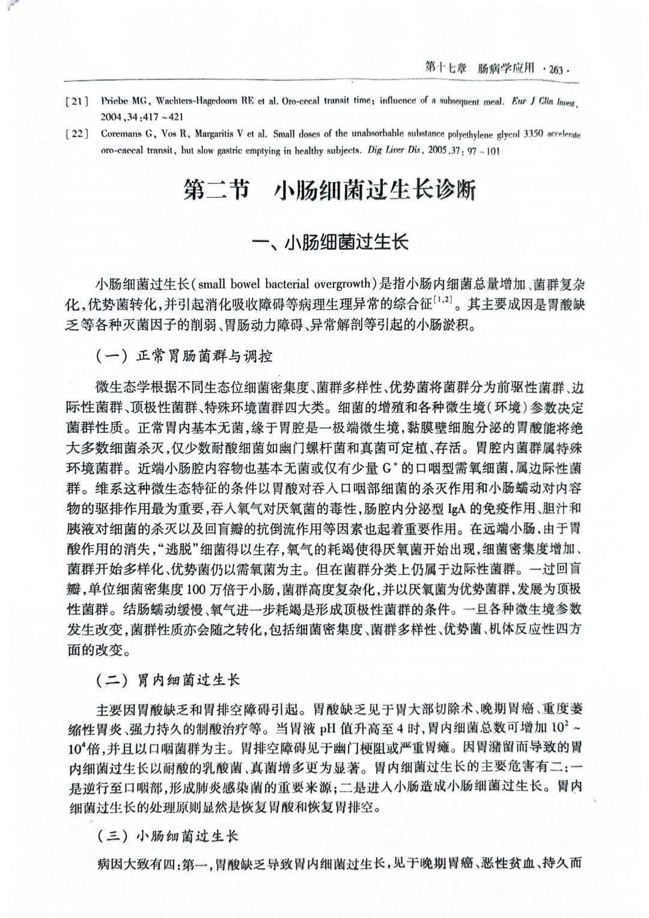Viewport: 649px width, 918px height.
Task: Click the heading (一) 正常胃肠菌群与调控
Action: click(184, 356)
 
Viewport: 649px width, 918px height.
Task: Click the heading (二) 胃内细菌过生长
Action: click(168, 680)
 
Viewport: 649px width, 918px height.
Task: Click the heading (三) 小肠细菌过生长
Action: click(168, 836)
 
